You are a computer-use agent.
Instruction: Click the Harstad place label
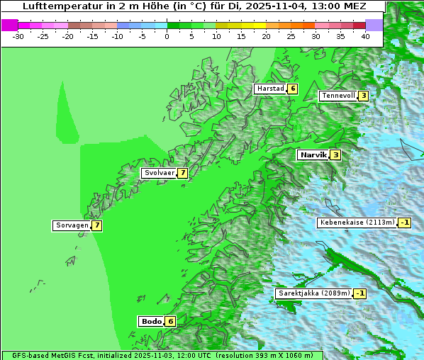270,89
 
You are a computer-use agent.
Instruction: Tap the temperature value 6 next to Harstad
292,89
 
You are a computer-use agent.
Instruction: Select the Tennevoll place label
337,96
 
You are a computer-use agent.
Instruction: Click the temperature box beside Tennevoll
363,96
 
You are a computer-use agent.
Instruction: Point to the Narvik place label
313,154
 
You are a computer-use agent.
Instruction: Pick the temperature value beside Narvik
335,154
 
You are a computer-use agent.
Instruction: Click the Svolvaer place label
159,173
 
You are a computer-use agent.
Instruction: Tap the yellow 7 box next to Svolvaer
182,173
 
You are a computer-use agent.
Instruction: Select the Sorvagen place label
72,225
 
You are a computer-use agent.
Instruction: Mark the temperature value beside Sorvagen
96,225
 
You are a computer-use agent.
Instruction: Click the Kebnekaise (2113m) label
357,223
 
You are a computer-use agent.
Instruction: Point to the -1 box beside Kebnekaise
404,223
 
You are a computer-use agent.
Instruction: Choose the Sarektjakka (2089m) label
314,293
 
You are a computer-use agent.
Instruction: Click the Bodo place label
151,321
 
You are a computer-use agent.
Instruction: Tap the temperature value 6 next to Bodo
170,321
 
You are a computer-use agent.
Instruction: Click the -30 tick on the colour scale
18,35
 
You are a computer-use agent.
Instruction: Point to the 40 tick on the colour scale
365,35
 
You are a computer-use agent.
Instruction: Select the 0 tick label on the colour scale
167,35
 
